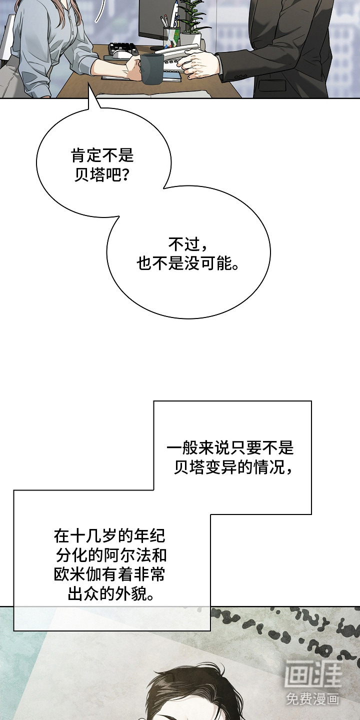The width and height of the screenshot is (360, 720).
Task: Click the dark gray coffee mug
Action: (151, 68)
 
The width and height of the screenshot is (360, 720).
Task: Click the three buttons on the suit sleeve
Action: (239, 76)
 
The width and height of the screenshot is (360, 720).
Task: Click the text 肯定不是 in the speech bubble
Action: (102, 155)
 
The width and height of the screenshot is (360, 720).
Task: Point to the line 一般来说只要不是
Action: (230, 448)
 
